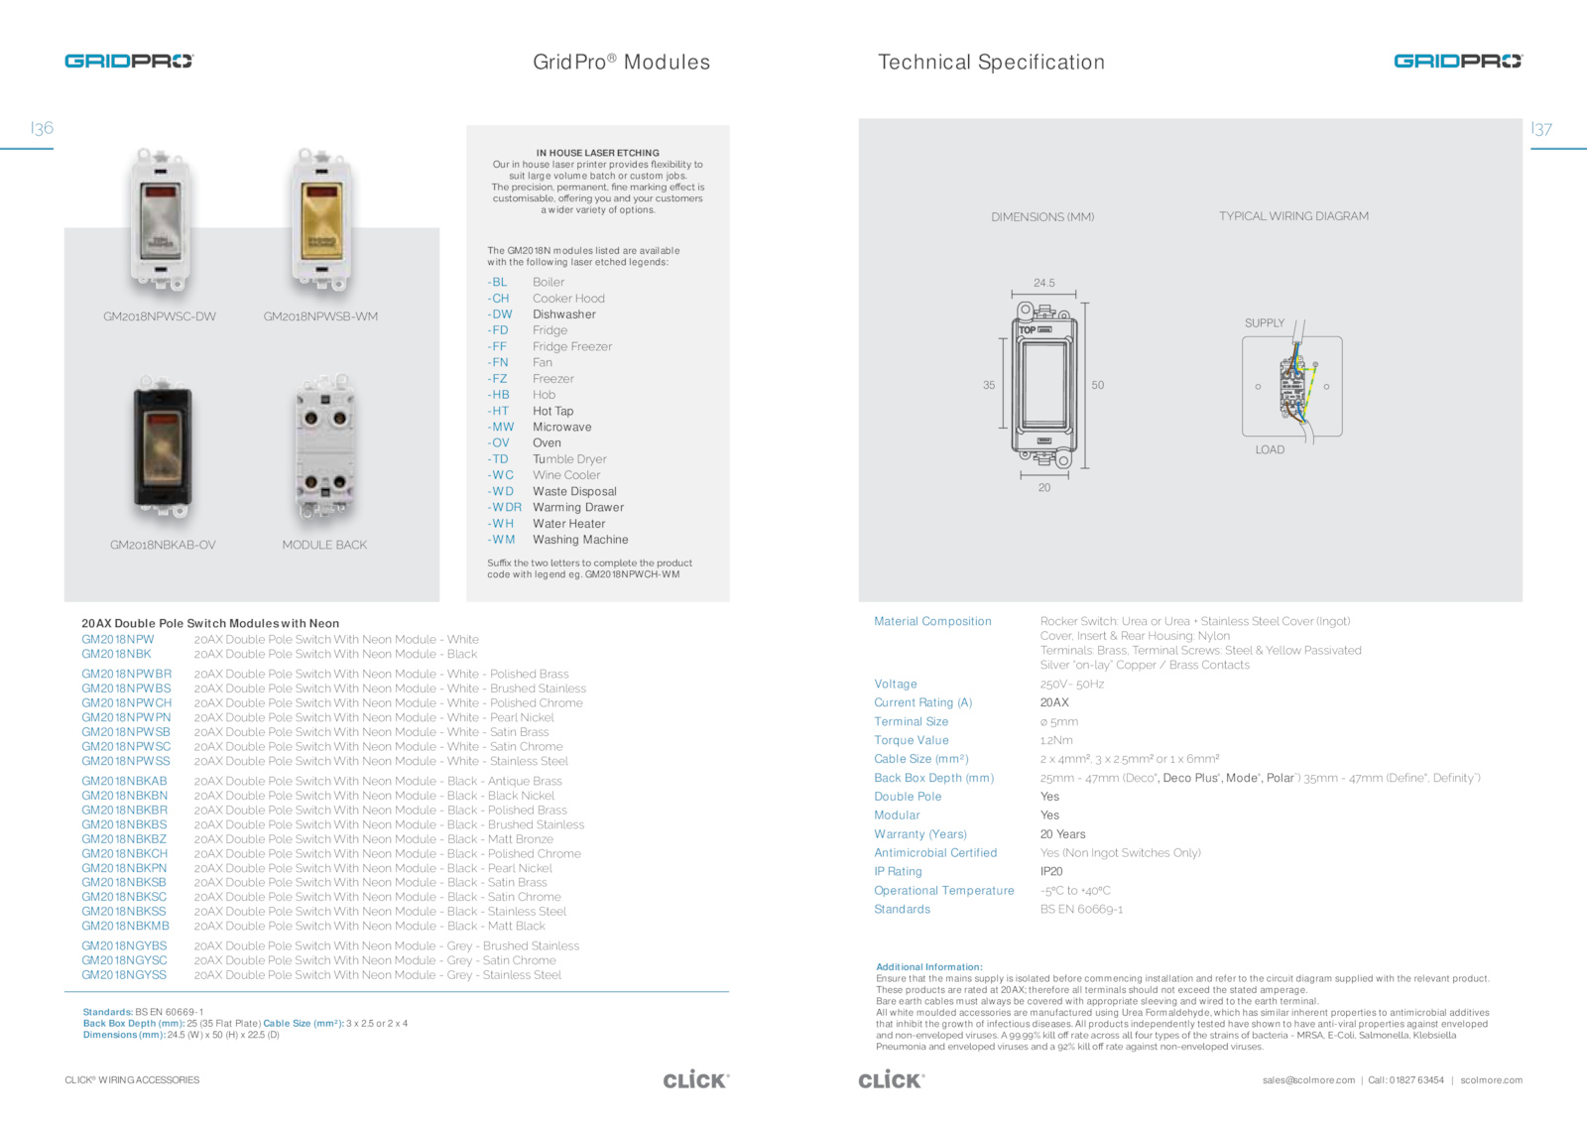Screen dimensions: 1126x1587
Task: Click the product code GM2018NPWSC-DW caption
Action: pyautogui.click(x=160, y=316)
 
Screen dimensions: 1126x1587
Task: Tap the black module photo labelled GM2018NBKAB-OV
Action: pyautogui.click(x=163, y=448)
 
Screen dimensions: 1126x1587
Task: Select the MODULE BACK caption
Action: pyautogui.click(x=324, y=545)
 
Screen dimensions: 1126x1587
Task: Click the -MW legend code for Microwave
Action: pyautogui.click(x=502, y=428)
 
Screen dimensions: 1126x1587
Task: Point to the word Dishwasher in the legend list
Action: pyautogui.click(x=564, y=314)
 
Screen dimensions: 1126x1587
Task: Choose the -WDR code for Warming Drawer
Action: pyautogui.click(x=505, y=508)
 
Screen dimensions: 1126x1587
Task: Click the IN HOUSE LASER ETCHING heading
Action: pyautogui.click(x=597, y=153)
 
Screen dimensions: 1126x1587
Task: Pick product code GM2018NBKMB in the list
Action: pyautogui.click(x=125, y=926)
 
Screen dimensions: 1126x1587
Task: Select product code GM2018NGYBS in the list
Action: pyautogui.click(x=124, y=946)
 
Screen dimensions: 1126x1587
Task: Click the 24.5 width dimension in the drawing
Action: pyautogui.click(x=1044, y=283)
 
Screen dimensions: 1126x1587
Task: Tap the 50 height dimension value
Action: pyautogui.click(x=1098, y=385)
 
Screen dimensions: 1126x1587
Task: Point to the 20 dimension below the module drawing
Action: pyautogui.click(x=1044, y=488)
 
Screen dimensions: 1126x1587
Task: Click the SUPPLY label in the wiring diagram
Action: pyautogui.click(x=1265, y=323)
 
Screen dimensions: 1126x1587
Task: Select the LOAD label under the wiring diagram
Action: pyautogui.click(x=1270, y=450)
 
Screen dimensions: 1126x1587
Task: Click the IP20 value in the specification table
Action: pyautogui.click(x=1051, y=872)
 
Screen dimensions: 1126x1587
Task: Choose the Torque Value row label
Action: pyautogui.click(x=912, y=741)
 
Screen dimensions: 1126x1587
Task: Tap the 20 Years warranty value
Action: pyautogui.click(x=1062, y=834)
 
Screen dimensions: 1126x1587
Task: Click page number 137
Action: pyautogui.click(x=1541, y=129)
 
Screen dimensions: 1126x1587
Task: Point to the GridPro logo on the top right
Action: pyautogui.click(x=1457, y=62)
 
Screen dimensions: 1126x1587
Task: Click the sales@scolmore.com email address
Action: pyautogui.click(x=1308, y=1080)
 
